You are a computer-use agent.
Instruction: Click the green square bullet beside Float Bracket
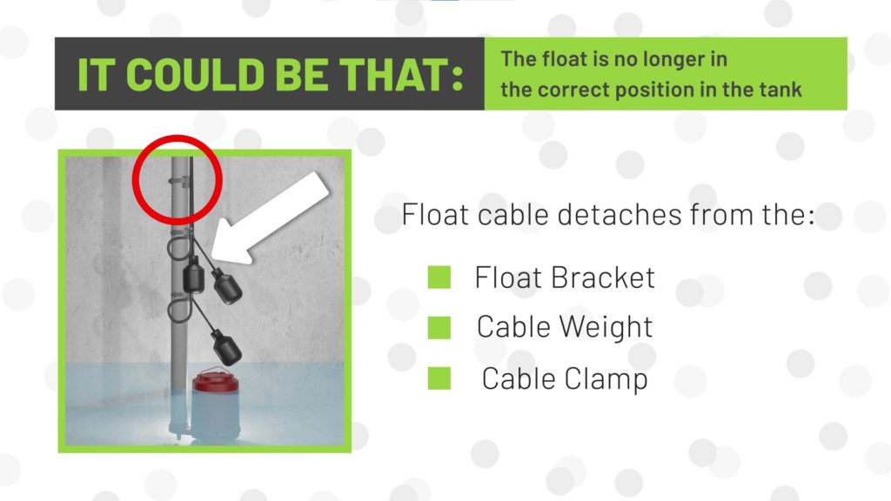tap(439, 277)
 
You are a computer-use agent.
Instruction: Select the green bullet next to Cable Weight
tap(439, 327)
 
